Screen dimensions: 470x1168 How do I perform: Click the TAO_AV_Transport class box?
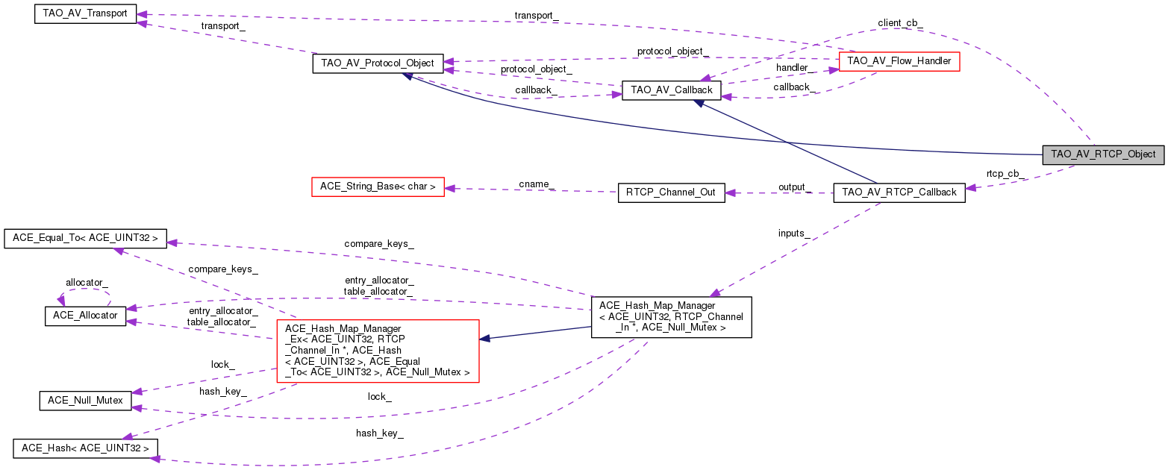click(86, 13)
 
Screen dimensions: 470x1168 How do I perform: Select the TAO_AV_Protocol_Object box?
click(378, 63)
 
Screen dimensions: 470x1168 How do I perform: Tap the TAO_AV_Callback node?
click(672, 91)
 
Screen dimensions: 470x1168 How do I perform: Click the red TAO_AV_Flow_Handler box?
click(899, 61)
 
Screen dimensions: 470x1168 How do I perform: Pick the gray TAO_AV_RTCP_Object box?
click(1103, 154)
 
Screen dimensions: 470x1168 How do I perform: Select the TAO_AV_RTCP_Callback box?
click(899, 192)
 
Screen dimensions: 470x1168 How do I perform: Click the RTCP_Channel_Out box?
click(671, 192)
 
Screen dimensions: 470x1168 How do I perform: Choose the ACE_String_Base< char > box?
click(377, 187)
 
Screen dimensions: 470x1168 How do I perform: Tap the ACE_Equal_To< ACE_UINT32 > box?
click(85, 238)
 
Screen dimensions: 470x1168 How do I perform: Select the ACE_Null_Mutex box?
click(85, 401)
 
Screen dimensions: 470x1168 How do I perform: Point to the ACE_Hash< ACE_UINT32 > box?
click(85, 448)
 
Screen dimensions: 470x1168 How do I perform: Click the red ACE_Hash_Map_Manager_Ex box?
click(377, 350)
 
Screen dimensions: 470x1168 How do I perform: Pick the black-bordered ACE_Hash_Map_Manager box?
click(671, 317)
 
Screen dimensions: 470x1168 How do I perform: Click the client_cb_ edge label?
click(900, 23)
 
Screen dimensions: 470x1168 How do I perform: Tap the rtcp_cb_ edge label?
click(1005, 174)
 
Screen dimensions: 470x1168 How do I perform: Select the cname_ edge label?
click(537, 184)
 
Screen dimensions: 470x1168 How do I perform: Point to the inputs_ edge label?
click(794, 234)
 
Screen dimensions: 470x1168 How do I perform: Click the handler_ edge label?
click(792, 68)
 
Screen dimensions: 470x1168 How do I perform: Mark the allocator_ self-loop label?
click(87, 283)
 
